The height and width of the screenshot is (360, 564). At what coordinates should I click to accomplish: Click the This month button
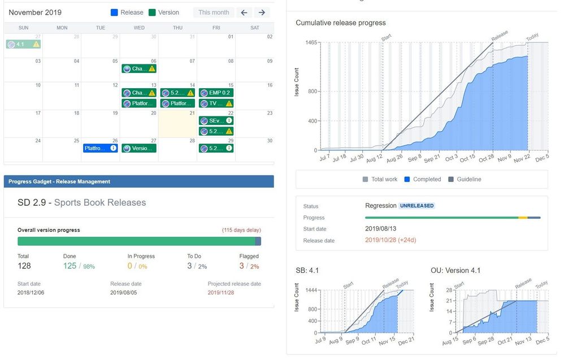point(214,12)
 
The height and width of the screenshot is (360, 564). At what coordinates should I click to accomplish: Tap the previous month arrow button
point(244,12)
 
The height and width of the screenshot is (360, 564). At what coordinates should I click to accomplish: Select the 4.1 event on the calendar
point(23,44)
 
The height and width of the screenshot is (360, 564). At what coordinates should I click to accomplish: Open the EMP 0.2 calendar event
point(216,93)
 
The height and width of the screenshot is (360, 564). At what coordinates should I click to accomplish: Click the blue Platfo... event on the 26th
point(100,148)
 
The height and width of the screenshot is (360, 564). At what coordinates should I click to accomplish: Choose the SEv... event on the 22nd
point(216,120)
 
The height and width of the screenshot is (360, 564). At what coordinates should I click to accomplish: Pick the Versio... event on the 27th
point(139,148)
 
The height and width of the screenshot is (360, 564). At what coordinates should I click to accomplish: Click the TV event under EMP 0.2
point(216,103)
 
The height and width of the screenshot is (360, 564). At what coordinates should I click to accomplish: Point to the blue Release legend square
point(114,12)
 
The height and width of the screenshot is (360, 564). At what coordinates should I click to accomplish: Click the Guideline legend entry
point(464,179)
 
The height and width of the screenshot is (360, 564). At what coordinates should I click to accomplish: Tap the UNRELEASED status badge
point(417,206)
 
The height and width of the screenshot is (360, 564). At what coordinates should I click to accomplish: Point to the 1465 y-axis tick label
point(311,43)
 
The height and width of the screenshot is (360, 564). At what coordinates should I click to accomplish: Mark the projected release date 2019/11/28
point(220,293)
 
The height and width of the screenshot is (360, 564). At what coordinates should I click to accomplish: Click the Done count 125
point(70,266)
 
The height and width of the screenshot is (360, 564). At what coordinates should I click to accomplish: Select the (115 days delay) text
point(241,230)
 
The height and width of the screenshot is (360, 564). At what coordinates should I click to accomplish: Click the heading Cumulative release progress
point(341,23)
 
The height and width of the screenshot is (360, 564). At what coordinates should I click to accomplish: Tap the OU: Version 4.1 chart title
point(455,271)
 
